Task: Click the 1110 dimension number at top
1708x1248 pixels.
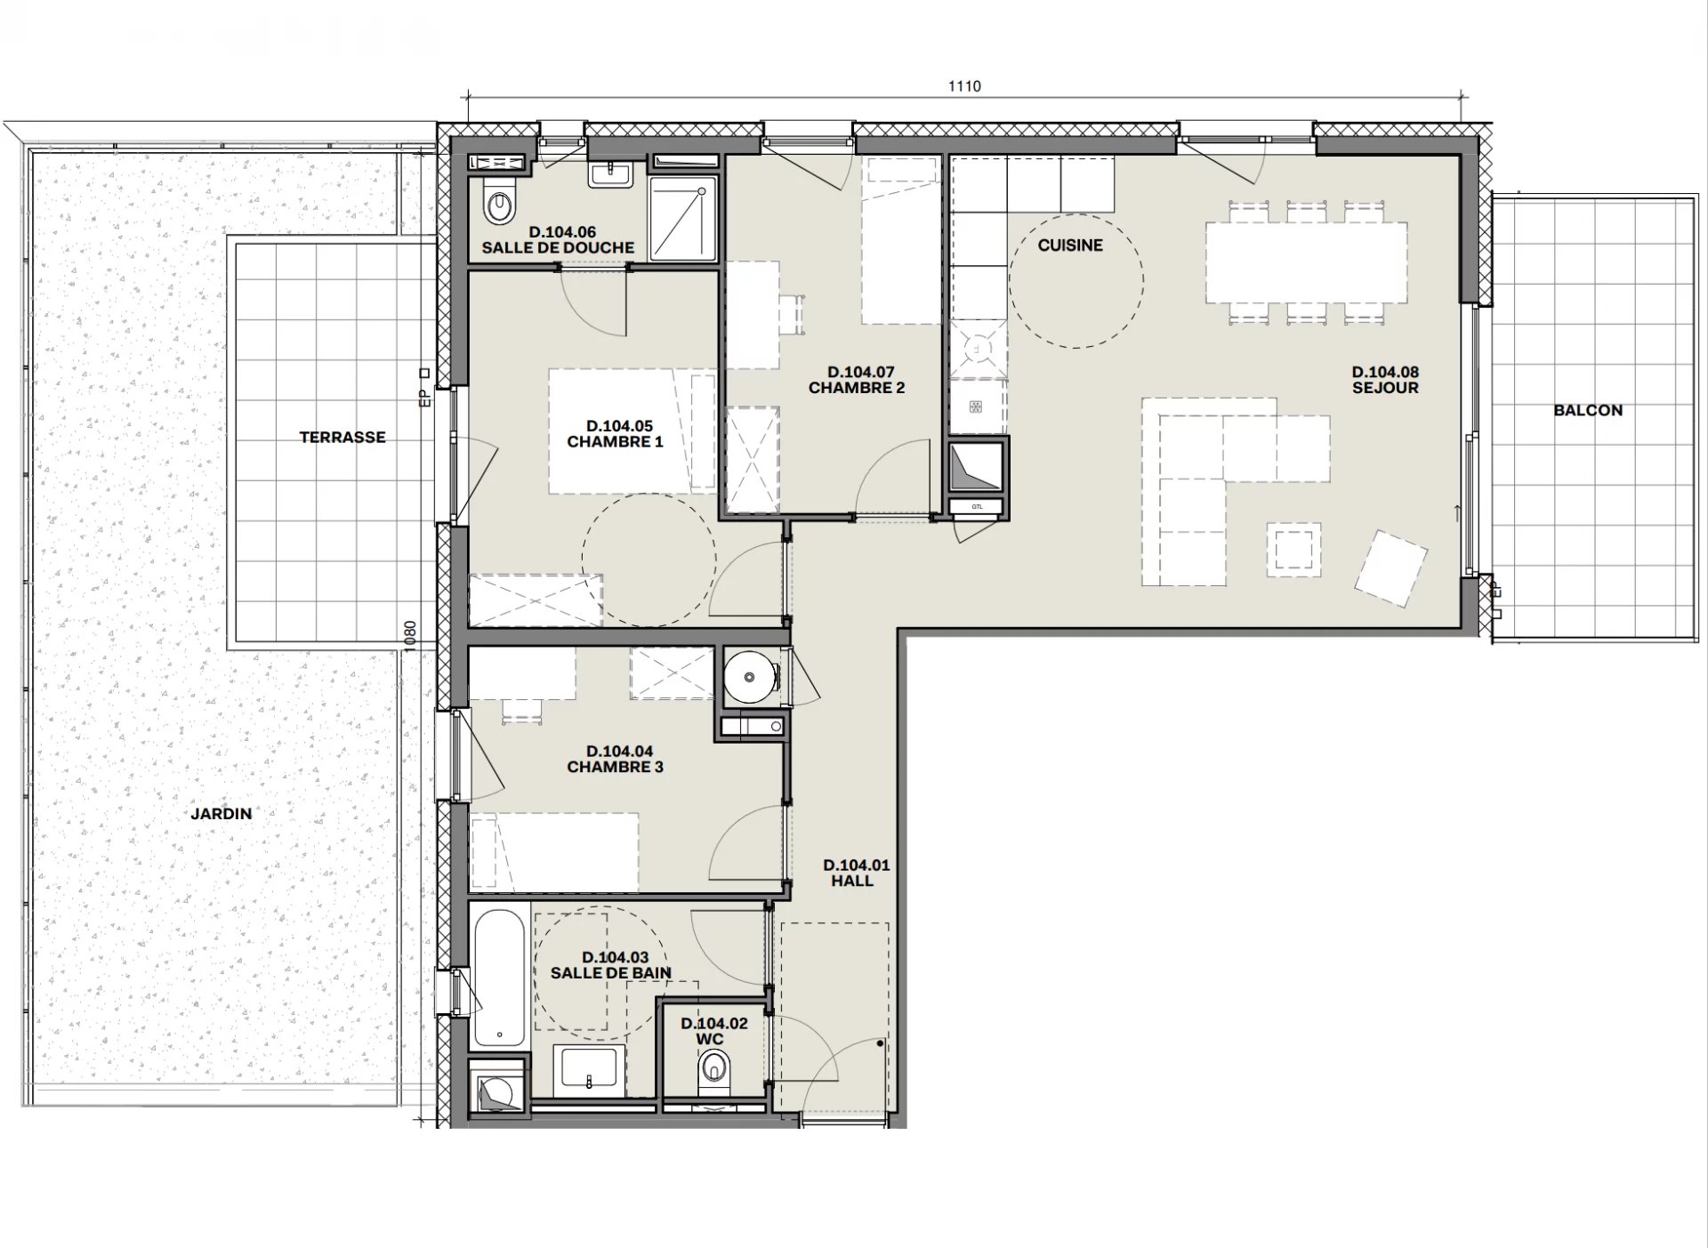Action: coord(964,86)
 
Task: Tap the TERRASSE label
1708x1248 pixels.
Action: coord(342,437)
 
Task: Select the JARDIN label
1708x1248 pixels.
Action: coord(221,813)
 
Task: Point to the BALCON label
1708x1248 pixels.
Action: coord(1588,410)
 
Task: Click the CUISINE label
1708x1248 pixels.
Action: coord(1070,245)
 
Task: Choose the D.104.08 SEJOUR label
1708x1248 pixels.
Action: coord(1385,380)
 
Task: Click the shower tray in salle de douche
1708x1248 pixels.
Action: coord(682,219)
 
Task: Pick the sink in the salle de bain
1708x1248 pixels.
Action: coord(588,1071)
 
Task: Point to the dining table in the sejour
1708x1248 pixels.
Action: coord(1306,262)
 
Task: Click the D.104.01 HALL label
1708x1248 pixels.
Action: coord(856,873)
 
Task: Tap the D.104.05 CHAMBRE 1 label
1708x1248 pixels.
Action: coord(616,433)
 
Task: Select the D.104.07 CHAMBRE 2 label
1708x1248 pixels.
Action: coord(857,380)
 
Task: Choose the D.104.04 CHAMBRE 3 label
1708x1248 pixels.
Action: coord(616,759)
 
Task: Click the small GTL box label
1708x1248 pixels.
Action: coord(977,507)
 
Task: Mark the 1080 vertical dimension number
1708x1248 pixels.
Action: coord(410,637)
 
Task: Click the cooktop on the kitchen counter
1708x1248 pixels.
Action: coord(979,347)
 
